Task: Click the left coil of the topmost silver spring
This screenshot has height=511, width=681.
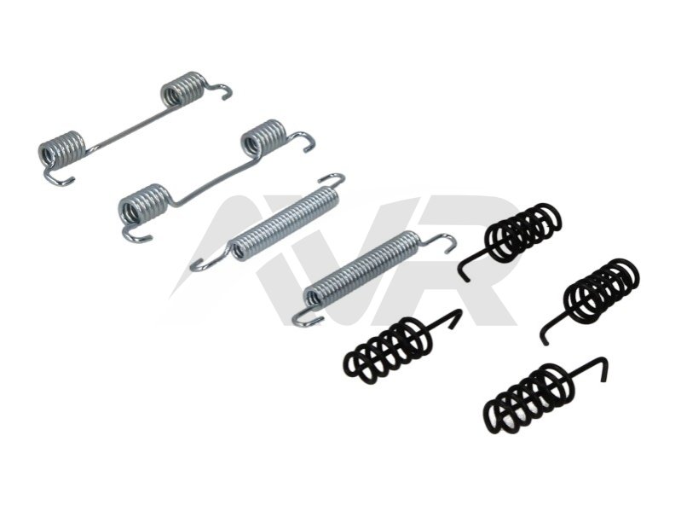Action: coord(62,148)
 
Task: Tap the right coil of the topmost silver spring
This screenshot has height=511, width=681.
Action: coord(182,89)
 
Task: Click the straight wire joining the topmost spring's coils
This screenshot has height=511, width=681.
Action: coord(125,129)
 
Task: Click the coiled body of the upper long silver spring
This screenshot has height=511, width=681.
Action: coord(286,224)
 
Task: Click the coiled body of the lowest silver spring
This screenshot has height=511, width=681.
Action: coord(362,269)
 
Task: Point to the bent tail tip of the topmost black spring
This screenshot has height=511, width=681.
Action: coord(466,280)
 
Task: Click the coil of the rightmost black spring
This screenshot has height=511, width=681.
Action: coord(601,290)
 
